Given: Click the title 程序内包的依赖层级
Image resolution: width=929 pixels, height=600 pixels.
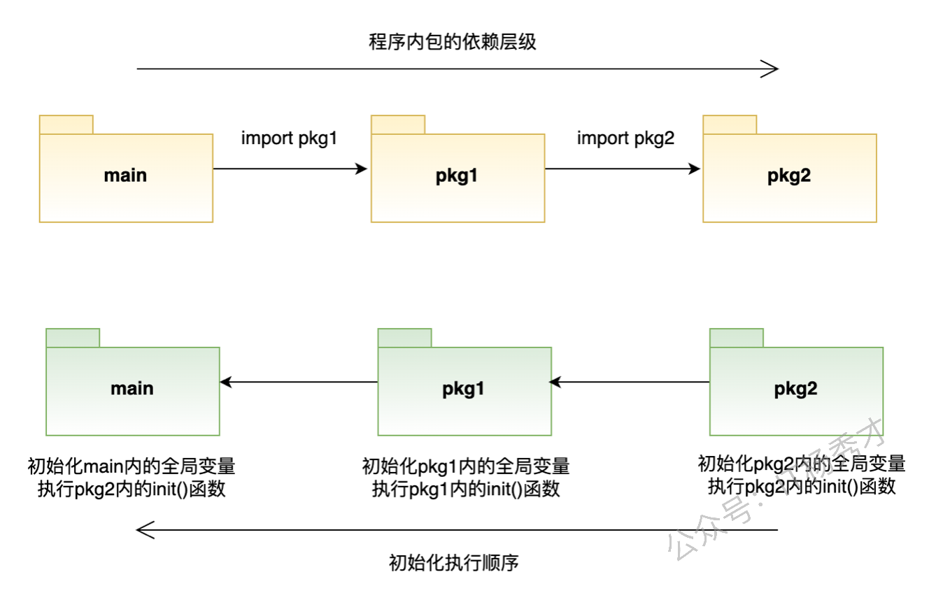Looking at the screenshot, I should pyautogui.click(x=452, y=42).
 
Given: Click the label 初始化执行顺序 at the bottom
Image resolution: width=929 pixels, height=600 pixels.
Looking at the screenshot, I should pyautogui.click(x=453, y=563).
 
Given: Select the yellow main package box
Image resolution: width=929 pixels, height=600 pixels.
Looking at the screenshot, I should pyautogui.click(x=126, y=178).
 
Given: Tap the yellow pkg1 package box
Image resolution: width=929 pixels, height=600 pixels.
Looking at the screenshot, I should pyautogui.click(x=458, y=178).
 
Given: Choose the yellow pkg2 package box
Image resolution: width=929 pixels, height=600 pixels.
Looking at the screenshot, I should pyautogui.click(x=789, y=178).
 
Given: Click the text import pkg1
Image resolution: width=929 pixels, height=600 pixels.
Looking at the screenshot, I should pyautogui.click(x=289, y=138).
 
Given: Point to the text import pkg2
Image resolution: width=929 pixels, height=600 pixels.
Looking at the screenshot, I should pyautogui.click(x=625, y=138).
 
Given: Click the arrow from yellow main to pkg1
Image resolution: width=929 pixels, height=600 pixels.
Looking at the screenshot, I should pyautogui.click(x=290, y=169).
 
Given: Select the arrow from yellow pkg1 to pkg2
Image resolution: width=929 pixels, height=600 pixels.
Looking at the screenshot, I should pyautogui.click(x=622, y=169).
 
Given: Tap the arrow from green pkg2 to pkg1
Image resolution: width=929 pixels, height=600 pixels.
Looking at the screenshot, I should pyautogui.click(x=630, y=382).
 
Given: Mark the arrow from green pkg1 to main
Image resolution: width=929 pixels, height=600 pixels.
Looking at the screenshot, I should pyautogui.click(x=299, y=382).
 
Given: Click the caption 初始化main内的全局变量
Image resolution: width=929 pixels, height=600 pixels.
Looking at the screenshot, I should pyautogui.click(x=132, y=466).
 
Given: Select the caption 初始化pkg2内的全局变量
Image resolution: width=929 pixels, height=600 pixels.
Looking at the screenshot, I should pyautogui.click(x=802, y=463).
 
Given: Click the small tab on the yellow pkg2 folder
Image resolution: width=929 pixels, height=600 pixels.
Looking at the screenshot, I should pyautogui.click(x=730, y=124).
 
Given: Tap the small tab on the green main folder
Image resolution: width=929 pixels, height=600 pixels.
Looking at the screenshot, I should pyautogui.click(x=73, y=337).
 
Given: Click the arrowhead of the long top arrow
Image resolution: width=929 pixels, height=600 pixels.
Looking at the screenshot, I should pyautogui.click(x=771, y=69).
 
